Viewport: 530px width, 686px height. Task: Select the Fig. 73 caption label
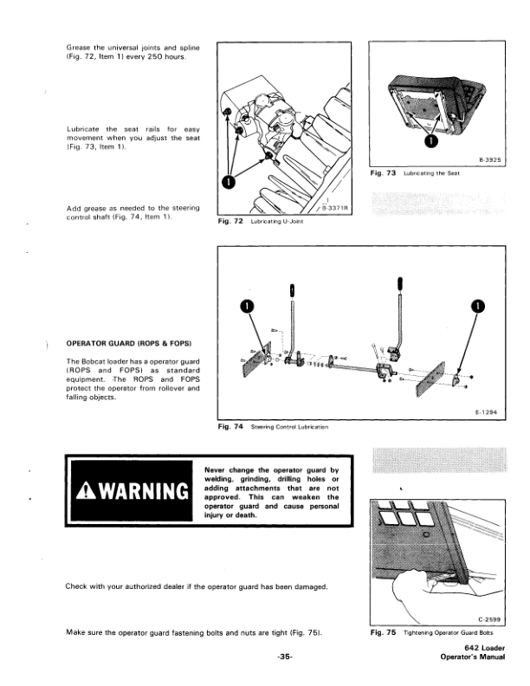[x=382, y=173]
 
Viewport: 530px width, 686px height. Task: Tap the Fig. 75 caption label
[x=382, y=633]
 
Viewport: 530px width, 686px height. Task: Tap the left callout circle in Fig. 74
[x=248, y=305]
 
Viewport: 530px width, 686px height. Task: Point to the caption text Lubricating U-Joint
[x=274, y=223]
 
